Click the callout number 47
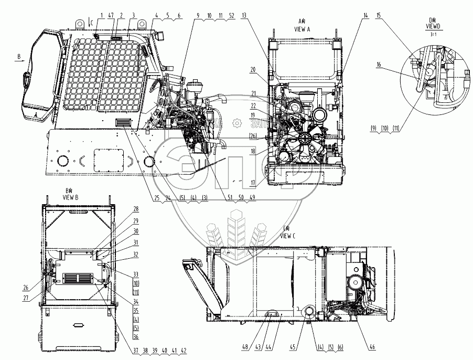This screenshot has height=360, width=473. (111, 16)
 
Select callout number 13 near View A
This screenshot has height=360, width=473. (244, 16)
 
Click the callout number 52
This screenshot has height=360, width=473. (231, 16)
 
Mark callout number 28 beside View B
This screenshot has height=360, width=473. (121, 208)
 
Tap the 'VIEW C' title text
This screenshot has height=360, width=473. (288, 236)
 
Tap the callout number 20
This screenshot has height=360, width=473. (253, 69)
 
